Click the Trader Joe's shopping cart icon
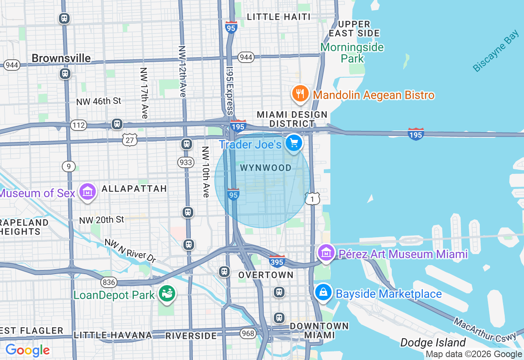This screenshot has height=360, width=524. click(294, 143)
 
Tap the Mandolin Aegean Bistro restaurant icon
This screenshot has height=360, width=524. click(300, 94)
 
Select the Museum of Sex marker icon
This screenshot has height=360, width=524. click(88, 191)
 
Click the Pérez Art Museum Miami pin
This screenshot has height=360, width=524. click(326, 252)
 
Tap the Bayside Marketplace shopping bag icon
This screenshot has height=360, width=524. click(323, 292)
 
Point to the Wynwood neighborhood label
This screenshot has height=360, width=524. click(266, 168)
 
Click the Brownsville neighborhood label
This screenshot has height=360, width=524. click(61, 58)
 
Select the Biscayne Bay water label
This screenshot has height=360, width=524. click(495, 52)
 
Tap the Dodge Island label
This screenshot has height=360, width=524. click(433, 342)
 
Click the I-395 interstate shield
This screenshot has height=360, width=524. click(277, 261)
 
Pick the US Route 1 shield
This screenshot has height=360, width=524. click(312, 198)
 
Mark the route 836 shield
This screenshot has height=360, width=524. click(109, 282)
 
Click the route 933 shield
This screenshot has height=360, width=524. click(186, 162)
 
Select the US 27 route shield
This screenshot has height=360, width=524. click(129, 139)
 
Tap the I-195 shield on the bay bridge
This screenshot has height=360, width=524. click(416, 134)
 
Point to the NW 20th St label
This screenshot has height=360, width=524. click(102, 220)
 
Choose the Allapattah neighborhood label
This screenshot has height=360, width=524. click(134, 189)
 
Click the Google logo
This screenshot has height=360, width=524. click(27, 350)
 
